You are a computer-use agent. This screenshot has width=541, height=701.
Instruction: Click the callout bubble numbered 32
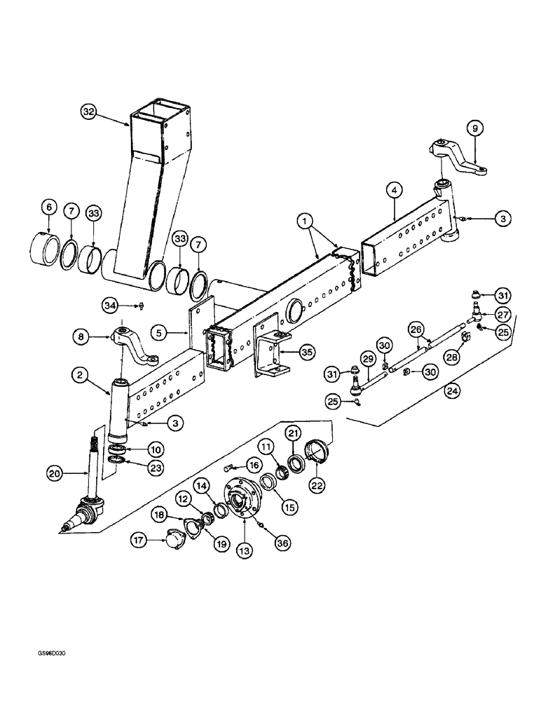[x=88, y=113]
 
